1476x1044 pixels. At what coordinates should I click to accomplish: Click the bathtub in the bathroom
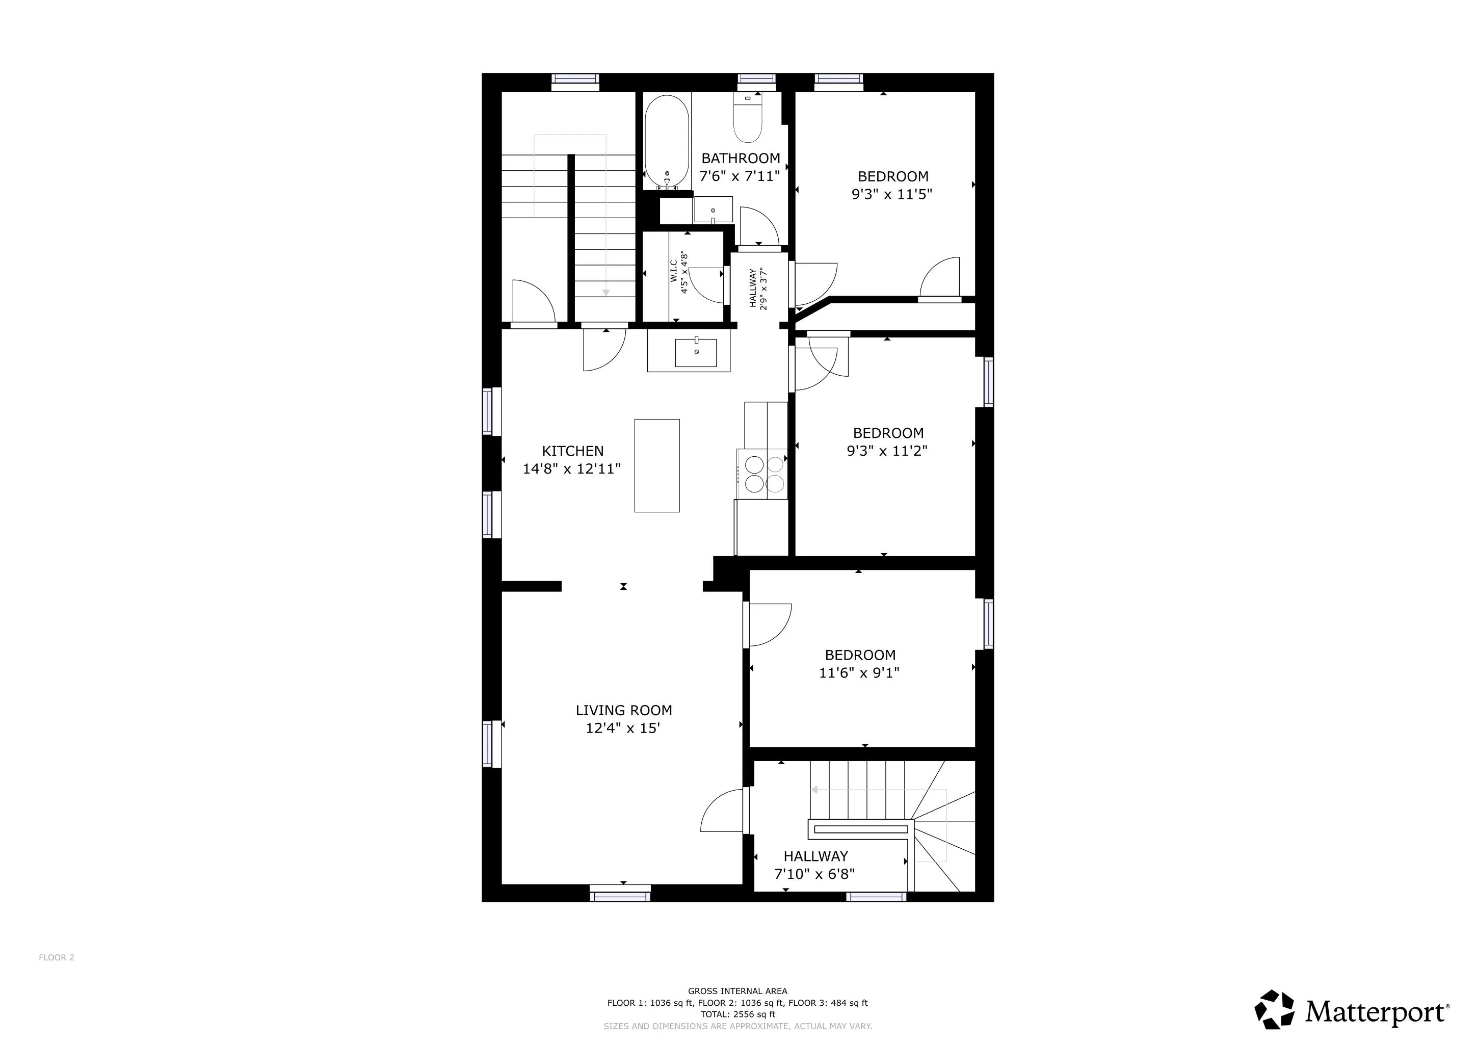pos(667,142)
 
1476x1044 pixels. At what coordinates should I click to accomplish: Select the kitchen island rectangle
pos(657,465)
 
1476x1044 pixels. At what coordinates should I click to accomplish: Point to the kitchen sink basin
pos(696,353)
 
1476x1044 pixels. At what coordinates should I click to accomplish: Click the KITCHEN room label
pos(573,451)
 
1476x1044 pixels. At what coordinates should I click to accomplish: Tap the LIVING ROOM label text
pos(623,710)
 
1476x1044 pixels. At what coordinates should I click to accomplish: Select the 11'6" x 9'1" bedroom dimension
pos(859,673)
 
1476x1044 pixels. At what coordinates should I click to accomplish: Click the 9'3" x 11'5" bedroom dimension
pos(891,194)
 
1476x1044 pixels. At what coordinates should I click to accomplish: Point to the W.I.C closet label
pos(674,271)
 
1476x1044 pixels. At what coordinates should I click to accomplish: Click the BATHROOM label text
pos(741,158)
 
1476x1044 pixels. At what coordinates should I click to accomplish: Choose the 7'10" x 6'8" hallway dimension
pos(814,874)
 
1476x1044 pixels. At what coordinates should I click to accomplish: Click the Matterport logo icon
pos(1275,1009)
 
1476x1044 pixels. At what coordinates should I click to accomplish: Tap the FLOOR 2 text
pos(57,957)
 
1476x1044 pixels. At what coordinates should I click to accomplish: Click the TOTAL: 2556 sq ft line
pos(738,1014)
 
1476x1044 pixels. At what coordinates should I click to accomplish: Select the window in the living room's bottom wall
pos(620,893)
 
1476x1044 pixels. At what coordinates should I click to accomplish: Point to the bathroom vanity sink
pos(714,210)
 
